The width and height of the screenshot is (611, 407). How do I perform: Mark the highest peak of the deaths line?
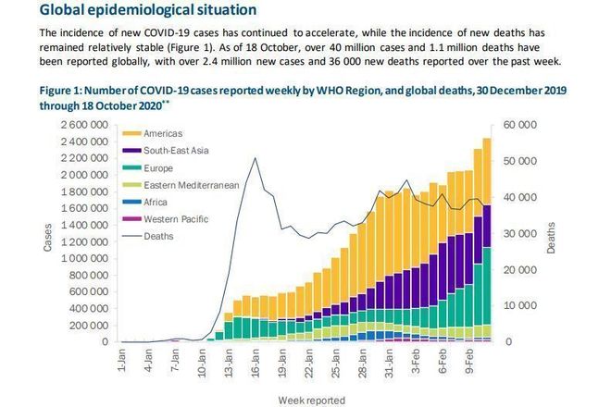click(x=255, y=158)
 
